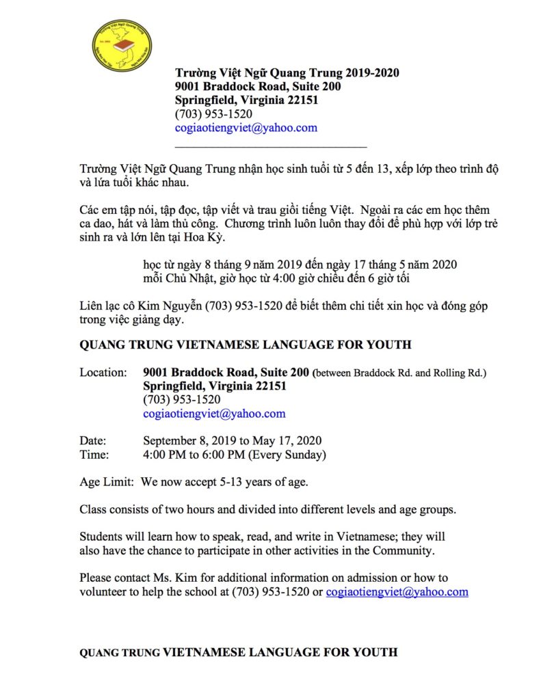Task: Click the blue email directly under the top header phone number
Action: point(246,128)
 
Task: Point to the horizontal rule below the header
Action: point(271,146)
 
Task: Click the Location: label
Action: point(103,373)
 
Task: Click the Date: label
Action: point(93,441)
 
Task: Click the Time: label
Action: point(94,455)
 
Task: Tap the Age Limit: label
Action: point(106,483)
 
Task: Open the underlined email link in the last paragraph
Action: point(397,592)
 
